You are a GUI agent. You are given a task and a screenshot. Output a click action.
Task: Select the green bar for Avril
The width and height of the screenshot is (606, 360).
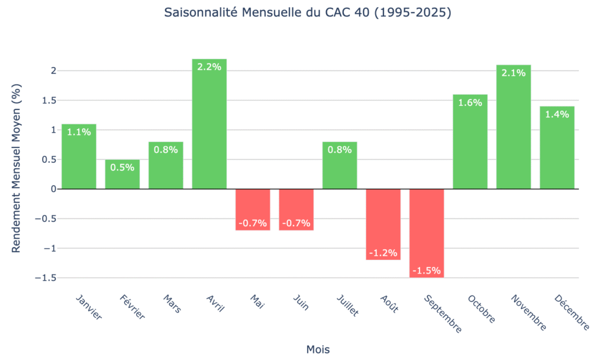(209, 124)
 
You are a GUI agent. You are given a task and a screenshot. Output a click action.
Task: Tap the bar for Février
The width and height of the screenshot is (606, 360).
(123, 174)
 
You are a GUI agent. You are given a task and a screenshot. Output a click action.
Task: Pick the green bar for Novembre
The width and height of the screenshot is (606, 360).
(514, 127)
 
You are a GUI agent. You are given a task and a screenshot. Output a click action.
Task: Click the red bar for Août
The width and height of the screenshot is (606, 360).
(383, 224)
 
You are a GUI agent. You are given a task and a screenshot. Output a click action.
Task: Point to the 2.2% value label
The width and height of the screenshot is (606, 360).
(209, 67)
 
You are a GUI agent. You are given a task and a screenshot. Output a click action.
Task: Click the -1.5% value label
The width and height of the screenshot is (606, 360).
(427, 271)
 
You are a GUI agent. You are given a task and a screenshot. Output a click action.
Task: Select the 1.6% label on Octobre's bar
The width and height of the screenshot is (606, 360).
(470, 102)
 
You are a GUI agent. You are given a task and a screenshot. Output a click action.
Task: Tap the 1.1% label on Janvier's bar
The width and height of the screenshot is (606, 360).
(79, 132)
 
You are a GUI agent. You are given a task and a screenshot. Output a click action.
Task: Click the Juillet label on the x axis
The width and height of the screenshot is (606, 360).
(347, 305)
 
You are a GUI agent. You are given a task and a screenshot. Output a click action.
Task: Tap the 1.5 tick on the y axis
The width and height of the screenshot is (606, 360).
(49, 100)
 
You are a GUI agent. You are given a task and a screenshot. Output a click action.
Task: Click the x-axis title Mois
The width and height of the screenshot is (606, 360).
(318, 349)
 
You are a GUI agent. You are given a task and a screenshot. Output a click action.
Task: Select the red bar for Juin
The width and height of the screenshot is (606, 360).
(296, 210)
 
